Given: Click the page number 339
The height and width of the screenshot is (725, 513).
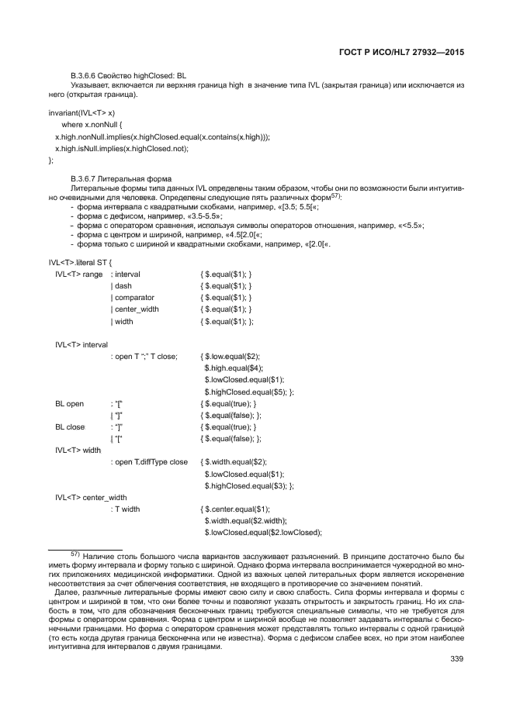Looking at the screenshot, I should coord(456,660).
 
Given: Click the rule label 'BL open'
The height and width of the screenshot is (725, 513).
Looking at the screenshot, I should coord(69,404).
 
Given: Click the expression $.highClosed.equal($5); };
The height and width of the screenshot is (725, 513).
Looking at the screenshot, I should coord(249,392).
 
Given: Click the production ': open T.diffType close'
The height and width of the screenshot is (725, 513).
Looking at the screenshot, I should coord(149,461).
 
